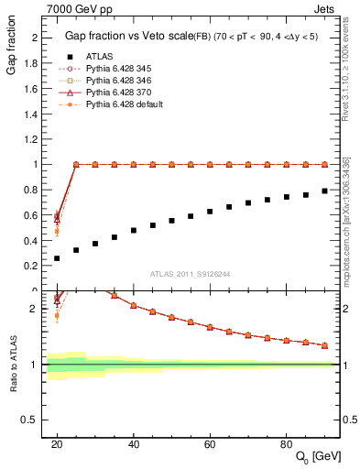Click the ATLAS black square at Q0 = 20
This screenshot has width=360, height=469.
coord(57,258)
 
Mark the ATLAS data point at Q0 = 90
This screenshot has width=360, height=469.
coord(325,191)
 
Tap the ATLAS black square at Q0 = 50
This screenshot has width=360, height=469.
coord(172,221)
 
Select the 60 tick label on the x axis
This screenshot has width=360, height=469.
coord(210,444)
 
